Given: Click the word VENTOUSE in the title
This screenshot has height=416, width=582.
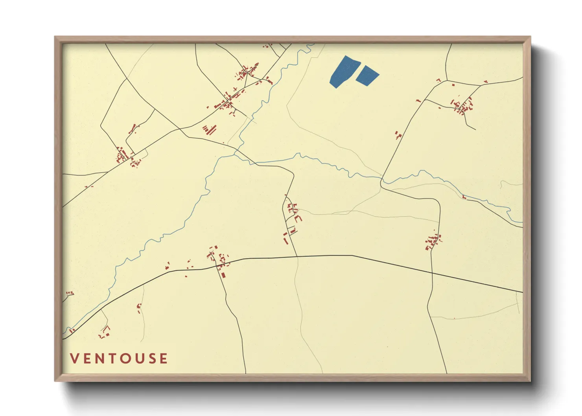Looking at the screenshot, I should pyautogui.click(x=119, y=359).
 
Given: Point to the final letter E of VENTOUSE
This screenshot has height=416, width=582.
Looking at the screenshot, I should pyautogui.click(x=164, y=359).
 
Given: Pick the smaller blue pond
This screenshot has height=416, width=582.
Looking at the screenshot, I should pyautogui.click(x=367, y=75).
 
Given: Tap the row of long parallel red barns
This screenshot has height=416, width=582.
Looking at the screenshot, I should pyautogui.click(x=210, y=129).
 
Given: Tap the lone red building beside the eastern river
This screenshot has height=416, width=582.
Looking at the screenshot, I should pyautogui.click(x=464, y=197).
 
